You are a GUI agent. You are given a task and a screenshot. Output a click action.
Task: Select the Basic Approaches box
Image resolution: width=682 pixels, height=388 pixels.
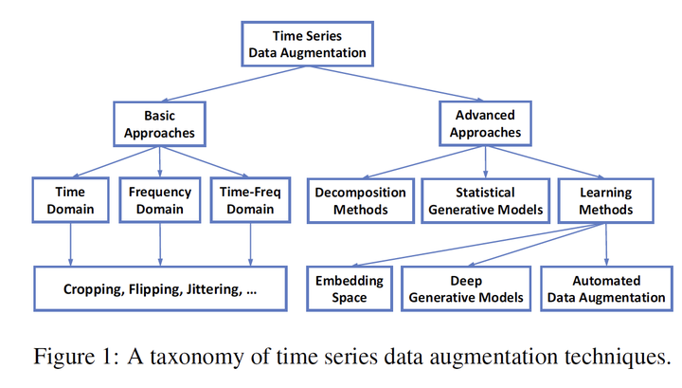coord(159,124)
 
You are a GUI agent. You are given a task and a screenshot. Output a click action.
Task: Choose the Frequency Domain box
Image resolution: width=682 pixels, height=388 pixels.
coord(159,199)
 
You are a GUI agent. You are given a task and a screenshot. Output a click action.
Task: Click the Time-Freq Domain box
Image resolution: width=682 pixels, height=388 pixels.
coord(250,199)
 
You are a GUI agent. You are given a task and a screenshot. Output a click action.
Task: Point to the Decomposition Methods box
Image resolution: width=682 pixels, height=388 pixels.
coord(359,199)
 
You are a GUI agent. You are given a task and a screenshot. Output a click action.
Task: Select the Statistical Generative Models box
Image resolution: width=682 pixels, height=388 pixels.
coord(484,199)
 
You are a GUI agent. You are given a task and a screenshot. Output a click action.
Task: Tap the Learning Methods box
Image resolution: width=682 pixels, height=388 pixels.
coord(606,199)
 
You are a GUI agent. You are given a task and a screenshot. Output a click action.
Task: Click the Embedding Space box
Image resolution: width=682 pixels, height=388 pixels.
coord(350,288)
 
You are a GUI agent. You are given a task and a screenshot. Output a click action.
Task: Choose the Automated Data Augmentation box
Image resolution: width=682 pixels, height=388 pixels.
coord(606,288)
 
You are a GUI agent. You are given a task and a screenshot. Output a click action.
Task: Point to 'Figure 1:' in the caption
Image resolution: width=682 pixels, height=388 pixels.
coord(70,358)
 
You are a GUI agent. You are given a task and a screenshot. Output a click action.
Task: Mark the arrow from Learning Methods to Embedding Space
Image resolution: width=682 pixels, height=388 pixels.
coord(474,246)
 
